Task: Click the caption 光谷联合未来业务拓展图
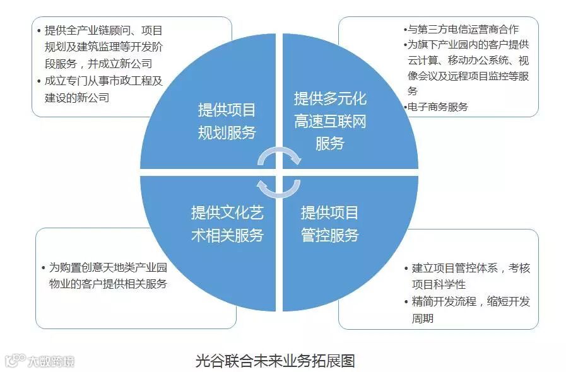pos(275,361)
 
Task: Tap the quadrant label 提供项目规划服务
pos(227,121)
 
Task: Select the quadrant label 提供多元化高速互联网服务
pos(329,121)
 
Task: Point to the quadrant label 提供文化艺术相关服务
pos(227,224)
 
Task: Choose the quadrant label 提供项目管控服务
pos(329,224)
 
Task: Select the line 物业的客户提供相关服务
pos(108,284)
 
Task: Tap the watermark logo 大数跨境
pos(39,361)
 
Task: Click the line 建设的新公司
pos(78,98)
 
